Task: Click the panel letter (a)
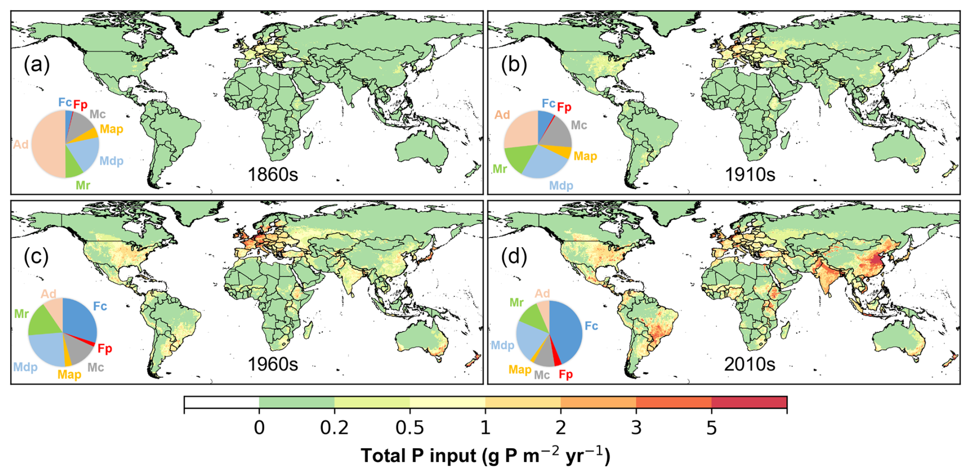click(37, 65)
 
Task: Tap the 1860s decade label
click(273, 175)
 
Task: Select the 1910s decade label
click(750, 175)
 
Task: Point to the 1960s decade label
click(273, 364)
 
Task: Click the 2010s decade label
click(750, 364)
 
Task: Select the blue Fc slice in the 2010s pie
click(567, 331)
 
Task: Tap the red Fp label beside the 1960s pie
click(105, 349)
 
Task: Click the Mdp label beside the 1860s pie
click(111, 161)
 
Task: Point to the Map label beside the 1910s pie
click(585, 156)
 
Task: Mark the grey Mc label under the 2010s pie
click(542, 375)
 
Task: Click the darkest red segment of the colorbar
click(749, 402)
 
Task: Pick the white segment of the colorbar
click(222, 402)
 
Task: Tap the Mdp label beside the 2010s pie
click(502, 345)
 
